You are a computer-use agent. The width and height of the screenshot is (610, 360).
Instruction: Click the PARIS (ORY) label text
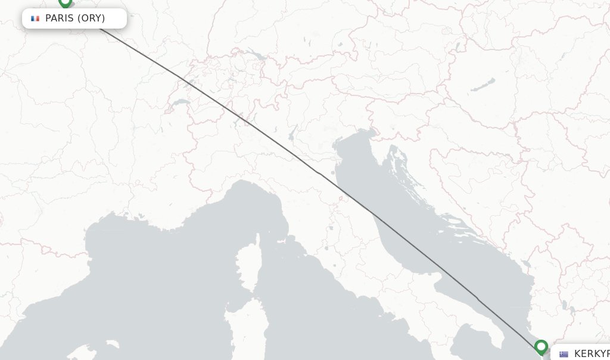click(75, 18)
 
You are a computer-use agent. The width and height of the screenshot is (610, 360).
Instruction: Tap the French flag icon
click(35, 18)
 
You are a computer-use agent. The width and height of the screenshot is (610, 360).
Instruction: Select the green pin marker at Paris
click(65, 2)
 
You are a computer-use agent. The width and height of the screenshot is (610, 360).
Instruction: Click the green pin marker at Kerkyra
click(541, 346)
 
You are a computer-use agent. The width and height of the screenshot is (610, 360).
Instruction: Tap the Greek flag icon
click(564, 354)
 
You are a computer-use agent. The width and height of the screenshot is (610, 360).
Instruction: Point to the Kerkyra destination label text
click(592, 354)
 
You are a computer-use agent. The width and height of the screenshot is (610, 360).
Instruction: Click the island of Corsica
click(246, 268)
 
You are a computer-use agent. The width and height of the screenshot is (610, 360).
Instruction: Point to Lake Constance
click(258, 55)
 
